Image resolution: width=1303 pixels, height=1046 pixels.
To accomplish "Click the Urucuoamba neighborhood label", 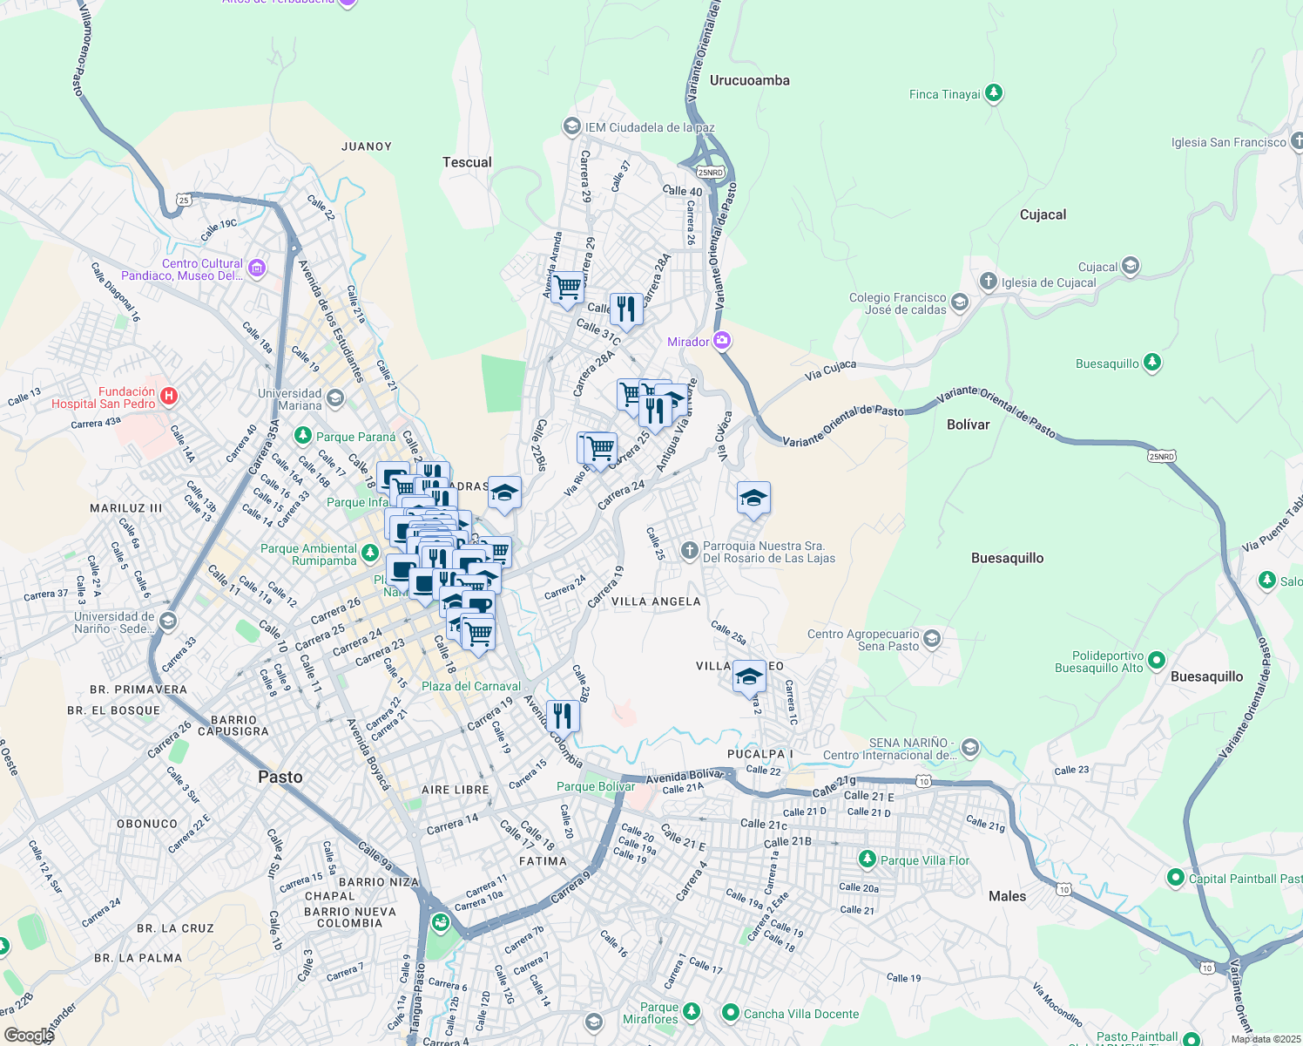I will pyautogui.click(x=749, y=80).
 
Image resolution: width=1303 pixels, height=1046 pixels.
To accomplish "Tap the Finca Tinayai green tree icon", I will pyautogui.click(x=994, y=93).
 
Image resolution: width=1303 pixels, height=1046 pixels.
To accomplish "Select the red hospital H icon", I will pyautogui.click(x=169, y=397).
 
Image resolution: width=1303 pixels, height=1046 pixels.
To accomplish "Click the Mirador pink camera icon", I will pyautogui.click(x=722, y=341).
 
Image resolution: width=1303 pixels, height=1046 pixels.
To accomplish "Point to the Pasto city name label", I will pyautogui.click(x=280, y=777).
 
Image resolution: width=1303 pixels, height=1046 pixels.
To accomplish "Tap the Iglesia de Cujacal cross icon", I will pyautogui.click(x=988, y=282).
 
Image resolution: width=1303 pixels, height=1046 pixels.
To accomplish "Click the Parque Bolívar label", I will pyautogui.click(x=596, y=786).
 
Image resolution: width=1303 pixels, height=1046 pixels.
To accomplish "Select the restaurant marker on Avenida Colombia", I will pyautogui.click(x=563, y=716).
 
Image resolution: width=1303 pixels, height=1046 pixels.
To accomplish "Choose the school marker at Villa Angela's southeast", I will pyautogui.click(x=749, y=676).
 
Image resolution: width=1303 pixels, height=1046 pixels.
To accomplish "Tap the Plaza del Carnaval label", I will pyautogui.click(x=471, y=686).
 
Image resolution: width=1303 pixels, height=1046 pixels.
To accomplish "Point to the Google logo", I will pyautogui.click(x=29, y=1035).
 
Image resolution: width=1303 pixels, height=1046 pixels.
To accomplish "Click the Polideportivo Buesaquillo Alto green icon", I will pyautogui.click(x=1157, y=661).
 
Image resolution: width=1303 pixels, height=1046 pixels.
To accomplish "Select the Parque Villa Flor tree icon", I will pyautogui.click(x=867, y=859).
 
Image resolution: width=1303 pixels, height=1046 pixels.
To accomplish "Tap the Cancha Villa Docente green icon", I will pyautogui.click(x=731, y=1013).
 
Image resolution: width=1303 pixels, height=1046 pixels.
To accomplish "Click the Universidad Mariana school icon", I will pyautogui.click(x=335, y=399).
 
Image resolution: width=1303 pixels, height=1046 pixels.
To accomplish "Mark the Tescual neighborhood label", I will pyautogui.click(x=467, y=162).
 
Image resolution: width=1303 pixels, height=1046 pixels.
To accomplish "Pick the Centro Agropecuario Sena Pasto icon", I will pyautogui.click(x=932, y=639).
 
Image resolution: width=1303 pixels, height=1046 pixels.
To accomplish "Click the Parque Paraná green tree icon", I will pyautogui.click(x=302, y=435).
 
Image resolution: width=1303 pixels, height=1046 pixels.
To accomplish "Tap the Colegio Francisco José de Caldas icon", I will pyautogui.click(x=959, y=302).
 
